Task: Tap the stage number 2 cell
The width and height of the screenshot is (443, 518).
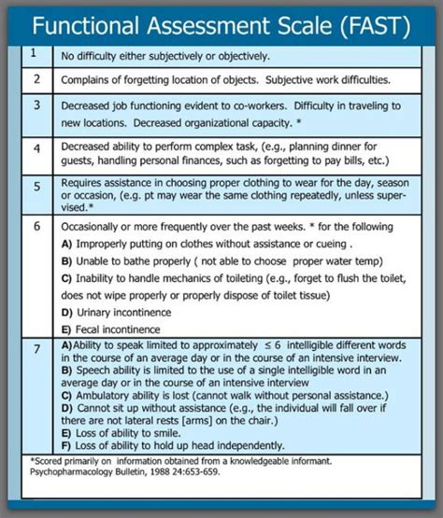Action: (x=35, y=79)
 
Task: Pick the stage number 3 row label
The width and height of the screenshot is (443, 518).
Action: (x=35, y=106)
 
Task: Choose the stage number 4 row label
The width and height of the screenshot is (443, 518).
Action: (x=35, y=149)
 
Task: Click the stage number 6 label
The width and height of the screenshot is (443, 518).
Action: (x=35, y=227)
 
